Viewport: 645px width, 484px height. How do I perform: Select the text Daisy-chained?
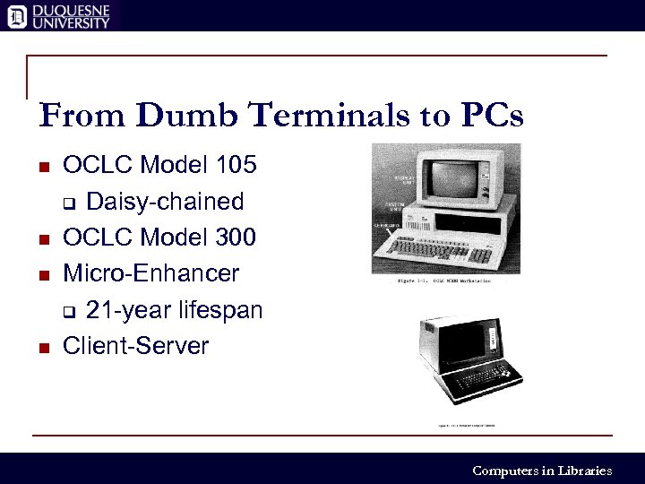(165, 201)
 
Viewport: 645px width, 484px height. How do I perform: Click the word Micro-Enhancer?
(151, 273)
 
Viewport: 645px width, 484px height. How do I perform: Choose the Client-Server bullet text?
(135, 346)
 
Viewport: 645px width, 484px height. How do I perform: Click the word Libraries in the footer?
(584, 471)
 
